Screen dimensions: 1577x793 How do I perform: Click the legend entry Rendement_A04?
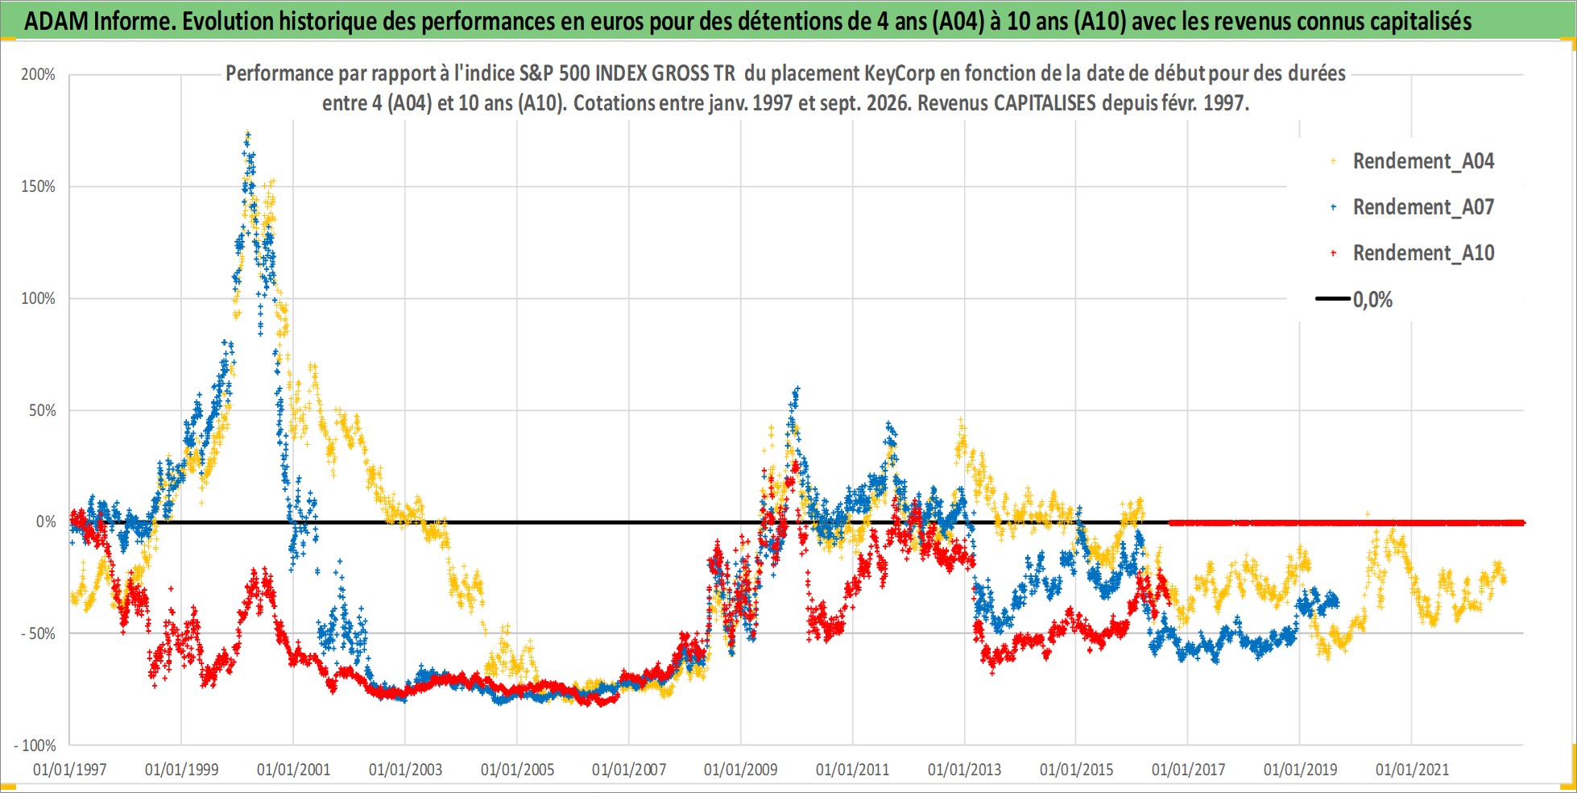point(1423,161)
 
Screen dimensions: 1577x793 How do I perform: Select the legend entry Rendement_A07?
point(1423,207)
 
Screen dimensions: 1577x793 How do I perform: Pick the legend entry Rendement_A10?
point(1423,253)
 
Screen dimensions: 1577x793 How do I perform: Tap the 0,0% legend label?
point(1372,300)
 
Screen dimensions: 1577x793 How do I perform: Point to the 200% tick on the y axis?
point(38,75)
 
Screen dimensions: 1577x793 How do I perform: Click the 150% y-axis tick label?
point(38,187)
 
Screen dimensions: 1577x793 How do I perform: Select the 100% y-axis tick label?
point(38,299)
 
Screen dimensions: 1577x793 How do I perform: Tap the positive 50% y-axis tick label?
point(42,410)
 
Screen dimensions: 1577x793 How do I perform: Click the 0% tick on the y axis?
point(46,522)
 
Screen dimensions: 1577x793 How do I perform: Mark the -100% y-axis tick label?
point(35,746)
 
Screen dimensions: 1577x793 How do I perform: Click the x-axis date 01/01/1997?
point(69,770)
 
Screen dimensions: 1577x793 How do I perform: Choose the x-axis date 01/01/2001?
point(293,770)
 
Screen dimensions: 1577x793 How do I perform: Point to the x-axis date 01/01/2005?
point(517,770)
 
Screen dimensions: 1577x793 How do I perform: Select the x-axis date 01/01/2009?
point(741,770)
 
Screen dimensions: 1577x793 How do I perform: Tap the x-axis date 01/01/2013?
point(964,770)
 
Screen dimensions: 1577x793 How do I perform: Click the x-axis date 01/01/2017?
point(1188,770)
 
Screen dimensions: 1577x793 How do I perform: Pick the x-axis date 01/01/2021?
point(1412,770)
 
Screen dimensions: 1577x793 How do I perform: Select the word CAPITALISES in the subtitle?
point(1045,103)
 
